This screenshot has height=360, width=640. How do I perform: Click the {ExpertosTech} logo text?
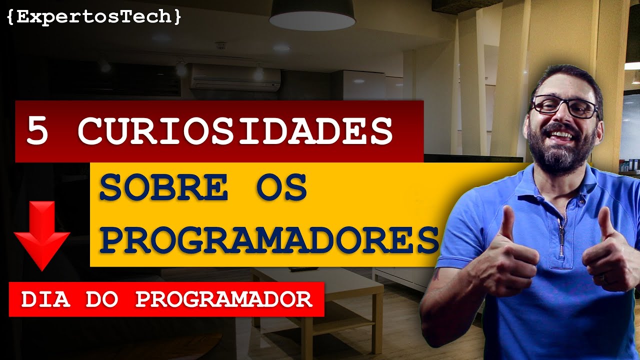pos(94,17)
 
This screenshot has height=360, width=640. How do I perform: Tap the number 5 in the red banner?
pos(37,131)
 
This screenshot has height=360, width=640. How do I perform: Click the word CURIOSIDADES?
pos(235,131)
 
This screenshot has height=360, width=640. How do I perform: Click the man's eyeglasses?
pos(564,106)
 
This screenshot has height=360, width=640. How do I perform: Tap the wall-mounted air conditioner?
pos(234,77)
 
